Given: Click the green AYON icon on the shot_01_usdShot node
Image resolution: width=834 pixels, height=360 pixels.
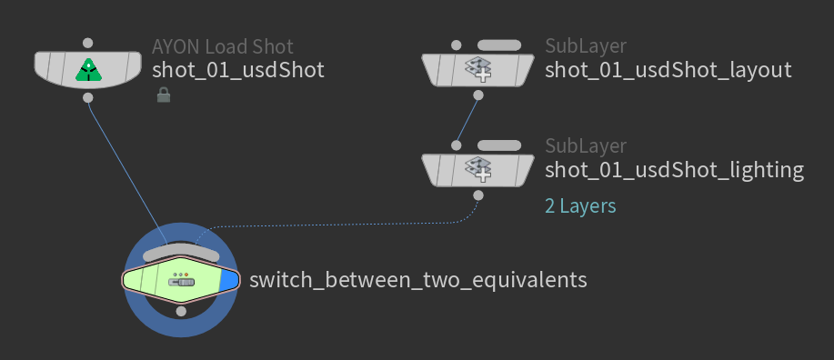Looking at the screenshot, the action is point(88,70).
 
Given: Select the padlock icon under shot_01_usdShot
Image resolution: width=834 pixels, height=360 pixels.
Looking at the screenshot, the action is point(164,95).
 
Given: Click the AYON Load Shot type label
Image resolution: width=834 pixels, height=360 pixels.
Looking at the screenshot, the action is point(222,46).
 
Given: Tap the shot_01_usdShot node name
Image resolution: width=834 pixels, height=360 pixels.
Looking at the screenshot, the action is point(237,70).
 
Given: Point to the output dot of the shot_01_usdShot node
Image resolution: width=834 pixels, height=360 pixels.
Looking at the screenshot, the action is point(88,98).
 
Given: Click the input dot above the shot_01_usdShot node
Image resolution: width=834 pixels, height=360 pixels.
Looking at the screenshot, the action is point(88,43).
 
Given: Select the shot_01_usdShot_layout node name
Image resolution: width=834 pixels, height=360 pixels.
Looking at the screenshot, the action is point(668,70).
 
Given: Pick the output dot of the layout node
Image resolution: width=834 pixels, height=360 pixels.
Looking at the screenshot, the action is point(478,95).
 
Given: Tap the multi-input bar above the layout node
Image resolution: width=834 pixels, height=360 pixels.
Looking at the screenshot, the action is point(499,45).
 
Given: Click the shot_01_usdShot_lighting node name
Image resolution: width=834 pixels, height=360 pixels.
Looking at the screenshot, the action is point(674,170).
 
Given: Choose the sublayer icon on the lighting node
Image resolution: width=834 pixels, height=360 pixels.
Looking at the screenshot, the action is point(477,170).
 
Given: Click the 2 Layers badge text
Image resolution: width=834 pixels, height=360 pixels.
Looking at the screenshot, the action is point(580,205).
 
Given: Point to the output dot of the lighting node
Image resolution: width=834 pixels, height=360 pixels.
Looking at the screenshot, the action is point(478,195).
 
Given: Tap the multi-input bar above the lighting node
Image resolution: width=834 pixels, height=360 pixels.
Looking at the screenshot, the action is point(499,145).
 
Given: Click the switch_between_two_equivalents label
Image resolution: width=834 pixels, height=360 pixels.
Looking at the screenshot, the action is point(418,280).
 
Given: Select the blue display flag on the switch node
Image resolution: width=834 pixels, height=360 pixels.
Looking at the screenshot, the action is point(228,280).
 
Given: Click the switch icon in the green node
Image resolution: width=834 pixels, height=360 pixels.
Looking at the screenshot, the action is point(181,280).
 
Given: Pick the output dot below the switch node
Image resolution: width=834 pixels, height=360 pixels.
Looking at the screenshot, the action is point(181,311).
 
